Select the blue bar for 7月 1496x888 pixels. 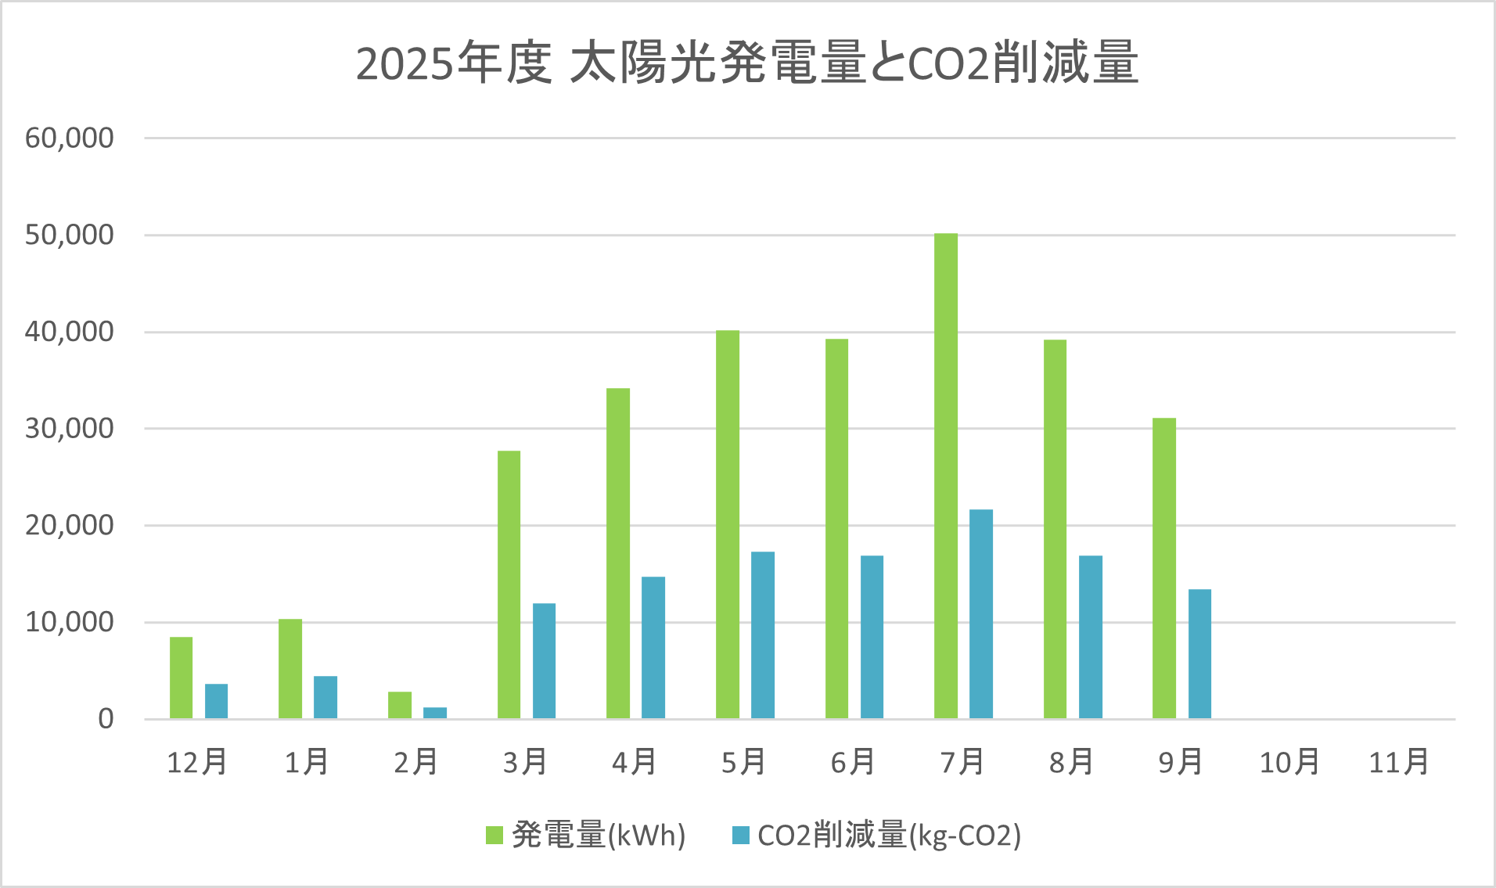pyautogui.click(x=980, y=614)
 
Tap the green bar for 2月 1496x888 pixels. pyautogui.click(x=399, y=705)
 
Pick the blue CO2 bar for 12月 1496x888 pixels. pyautogui.click(x=216, y=701)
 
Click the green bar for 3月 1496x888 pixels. pyautogui.click(x=509, y=584)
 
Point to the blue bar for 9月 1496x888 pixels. pyautogui.click(x=1199, y=653)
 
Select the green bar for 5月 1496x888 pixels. pyautogui.click(x=727, y=524)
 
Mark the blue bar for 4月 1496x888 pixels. pyautogui.click(x=653, y=647)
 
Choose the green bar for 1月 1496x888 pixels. pyautogui.click(x=289, y=669)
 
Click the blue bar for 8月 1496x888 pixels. pyautogui.click(x=1090, y=637)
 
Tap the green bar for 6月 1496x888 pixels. pyautogui.click(x=836, y=529)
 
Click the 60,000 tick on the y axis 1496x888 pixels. pyautogui.click(x=70, y=138)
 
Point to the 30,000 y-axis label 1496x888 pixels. pyautogui.click(x=70, y=429)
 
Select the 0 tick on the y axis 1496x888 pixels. pyautogui.click(x=106, y=719)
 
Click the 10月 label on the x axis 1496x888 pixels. pyautogui.click(x=1289, y=762)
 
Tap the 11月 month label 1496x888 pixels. pyautogui.click(x=1398, y=762)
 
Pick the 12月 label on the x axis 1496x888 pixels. pyautogui.click(x=197, y=762)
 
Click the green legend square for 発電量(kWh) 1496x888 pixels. pyautogui.click(x=494, y=835)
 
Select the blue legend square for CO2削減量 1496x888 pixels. pyautogui.click(x=740, y=835)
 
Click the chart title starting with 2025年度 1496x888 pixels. pyautogui.click(x=747, y=63)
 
